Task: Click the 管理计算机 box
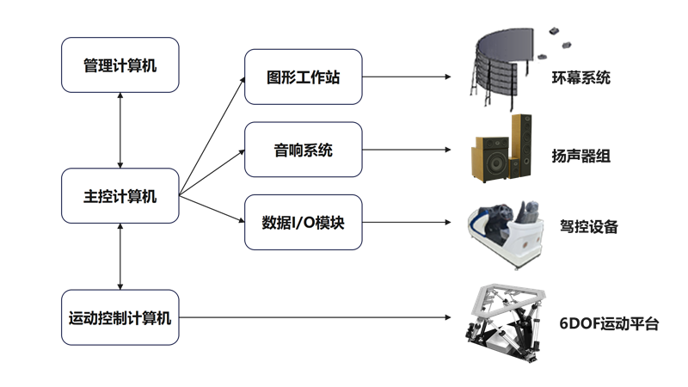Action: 120,64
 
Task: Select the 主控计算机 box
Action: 120,197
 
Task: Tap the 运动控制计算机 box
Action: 120,318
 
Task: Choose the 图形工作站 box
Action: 303,77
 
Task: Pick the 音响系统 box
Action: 303,150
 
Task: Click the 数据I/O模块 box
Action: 303,223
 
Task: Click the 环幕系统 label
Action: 581,77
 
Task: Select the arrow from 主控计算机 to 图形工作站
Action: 211,133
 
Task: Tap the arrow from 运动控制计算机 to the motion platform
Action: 318,318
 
